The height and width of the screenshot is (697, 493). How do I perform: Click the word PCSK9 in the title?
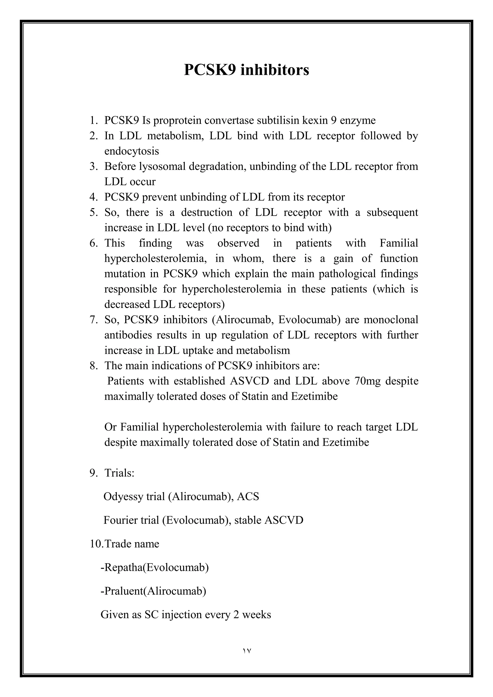click(x=209, y=70)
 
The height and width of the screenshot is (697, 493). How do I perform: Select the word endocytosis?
click(x=131, y=151)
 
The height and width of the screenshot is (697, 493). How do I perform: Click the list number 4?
click(x=93, y=197)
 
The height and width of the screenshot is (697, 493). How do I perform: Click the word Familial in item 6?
click(x=399, y=243)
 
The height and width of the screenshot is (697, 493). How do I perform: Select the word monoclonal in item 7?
click(x=391, y=320)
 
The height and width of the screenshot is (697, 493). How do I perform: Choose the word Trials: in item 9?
click(x=119, y=473)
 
